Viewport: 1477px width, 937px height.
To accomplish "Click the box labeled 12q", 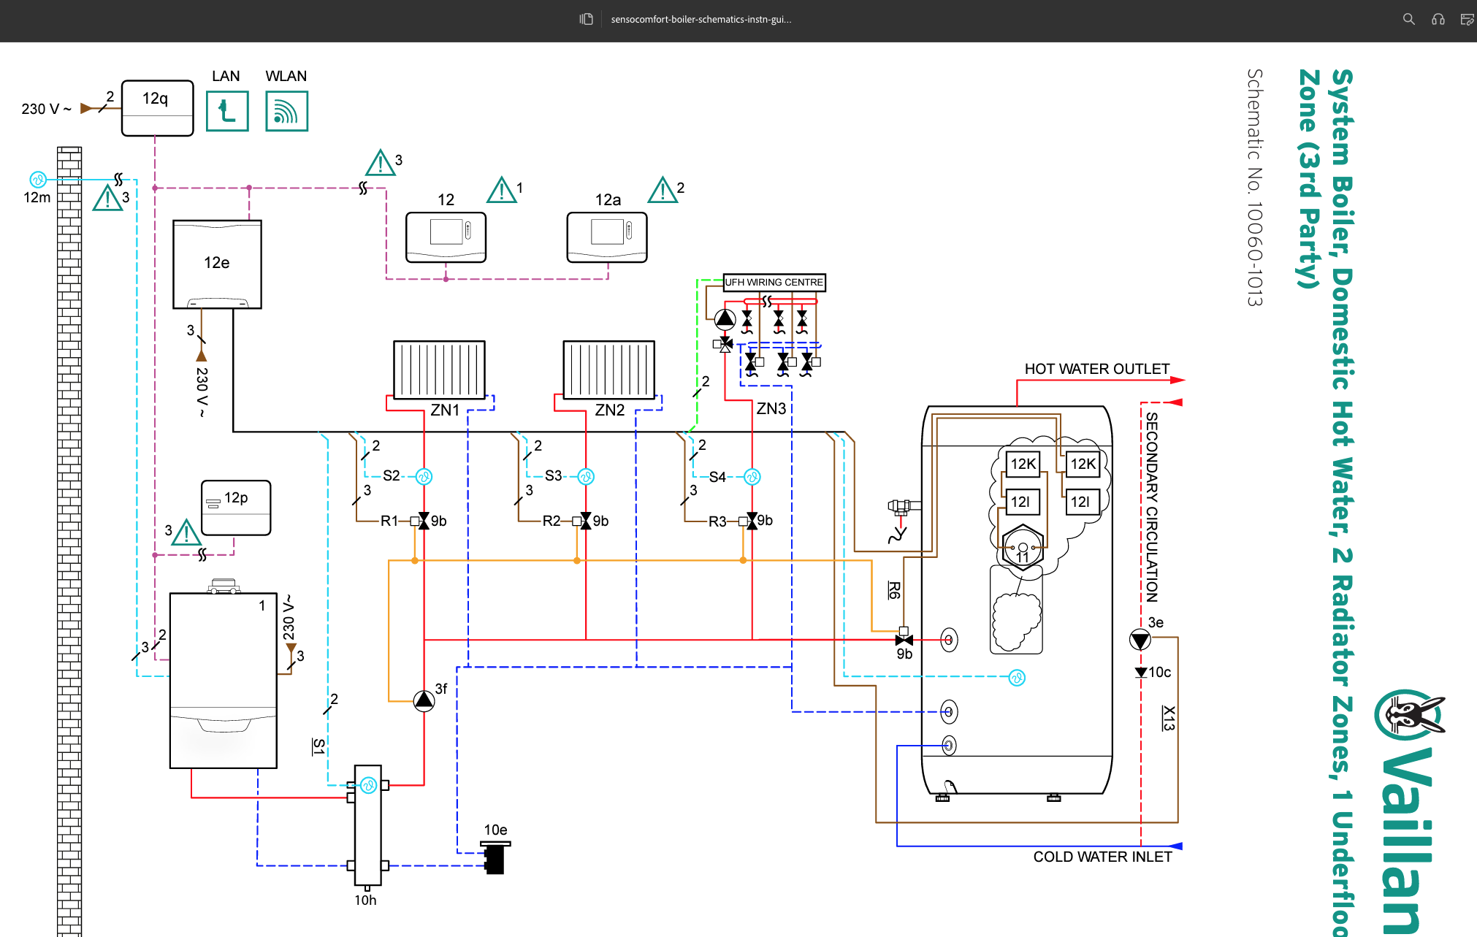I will point(157,108).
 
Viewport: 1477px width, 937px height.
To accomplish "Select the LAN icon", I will point(227,111).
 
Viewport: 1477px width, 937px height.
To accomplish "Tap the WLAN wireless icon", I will point(286,111).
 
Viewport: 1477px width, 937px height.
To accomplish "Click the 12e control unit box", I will point(217,264).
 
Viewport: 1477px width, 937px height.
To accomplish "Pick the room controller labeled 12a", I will point(607,237).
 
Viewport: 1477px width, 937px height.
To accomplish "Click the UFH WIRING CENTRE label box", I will point(774,282).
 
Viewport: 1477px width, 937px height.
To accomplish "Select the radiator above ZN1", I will point(439,370).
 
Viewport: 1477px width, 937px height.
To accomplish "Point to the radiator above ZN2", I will point(608,370).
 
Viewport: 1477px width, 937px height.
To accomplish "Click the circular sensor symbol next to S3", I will point(586,477).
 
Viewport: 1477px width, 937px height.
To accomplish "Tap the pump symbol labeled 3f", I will point(424,701).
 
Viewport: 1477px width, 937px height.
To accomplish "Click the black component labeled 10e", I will point(495,857).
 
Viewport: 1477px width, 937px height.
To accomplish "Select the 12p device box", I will point(236,508).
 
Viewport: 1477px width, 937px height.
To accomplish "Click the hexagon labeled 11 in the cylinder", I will point(1023,547).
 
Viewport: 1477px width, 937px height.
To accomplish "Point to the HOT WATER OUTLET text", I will point(1096,369).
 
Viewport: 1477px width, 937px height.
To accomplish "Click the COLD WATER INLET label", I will point(1102,857).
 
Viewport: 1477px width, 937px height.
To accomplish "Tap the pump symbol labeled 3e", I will point(1140,640).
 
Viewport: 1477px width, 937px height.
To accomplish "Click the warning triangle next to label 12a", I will point(663,191).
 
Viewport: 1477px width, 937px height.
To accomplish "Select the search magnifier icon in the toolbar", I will point(1408,20).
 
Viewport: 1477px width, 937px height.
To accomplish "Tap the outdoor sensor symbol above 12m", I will point(38,179).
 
